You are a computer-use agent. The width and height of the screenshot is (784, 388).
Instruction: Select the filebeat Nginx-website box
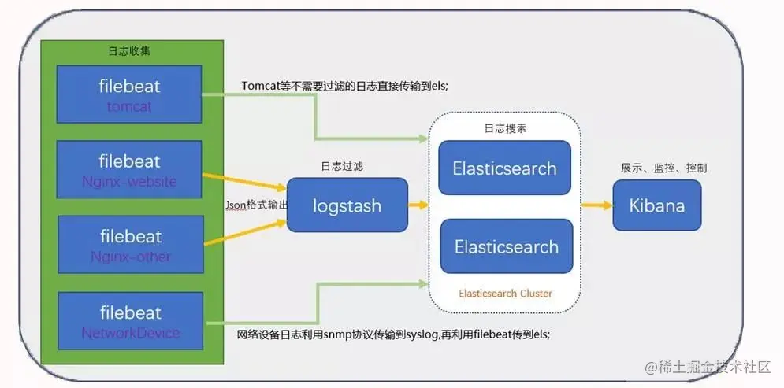coord(130,170)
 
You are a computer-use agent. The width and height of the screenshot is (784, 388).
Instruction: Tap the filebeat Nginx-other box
coord(130,246)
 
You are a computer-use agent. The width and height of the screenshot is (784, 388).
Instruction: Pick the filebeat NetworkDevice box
coord(130,321)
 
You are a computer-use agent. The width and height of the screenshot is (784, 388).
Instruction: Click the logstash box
coord(347,205)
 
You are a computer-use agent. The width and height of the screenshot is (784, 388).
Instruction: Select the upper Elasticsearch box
coord(505,168)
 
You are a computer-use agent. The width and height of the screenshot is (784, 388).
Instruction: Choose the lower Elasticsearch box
coord(506,246)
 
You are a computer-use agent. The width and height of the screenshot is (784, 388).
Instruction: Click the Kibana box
coord(656,205)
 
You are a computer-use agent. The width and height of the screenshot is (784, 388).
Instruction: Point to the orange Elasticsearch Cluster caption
coord(505,294)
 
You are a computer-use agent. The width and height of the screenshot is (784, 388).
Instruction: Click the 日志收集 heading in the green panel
coord(129,50)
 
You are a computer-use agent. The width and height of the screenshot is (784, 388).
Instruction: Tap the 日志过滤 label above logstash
coord(342,167)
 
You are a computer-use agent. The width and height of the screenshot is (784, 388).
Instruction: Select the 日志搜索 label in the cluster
coord(505,128)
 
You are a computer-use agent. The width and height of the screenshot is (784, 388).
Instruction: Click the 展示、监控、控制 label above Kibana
coord(663,168)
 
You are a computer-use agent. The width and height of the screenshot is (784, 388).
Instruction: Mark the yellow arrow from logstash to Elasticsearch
coord(418,205)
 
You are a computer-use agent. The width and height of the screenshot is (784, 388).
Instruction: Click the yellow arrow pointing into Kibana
coord(596,205)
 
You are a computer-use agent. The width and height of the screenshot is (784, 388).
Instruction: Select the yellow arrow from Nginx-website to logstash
coord(244,180)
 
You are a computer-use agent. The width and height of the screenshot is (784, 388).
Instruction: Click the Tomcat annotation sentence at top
coord(345,86)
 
